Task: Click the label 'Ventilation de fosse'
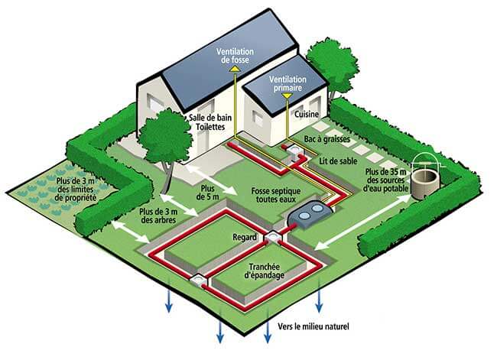click(x=235, y=55)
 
